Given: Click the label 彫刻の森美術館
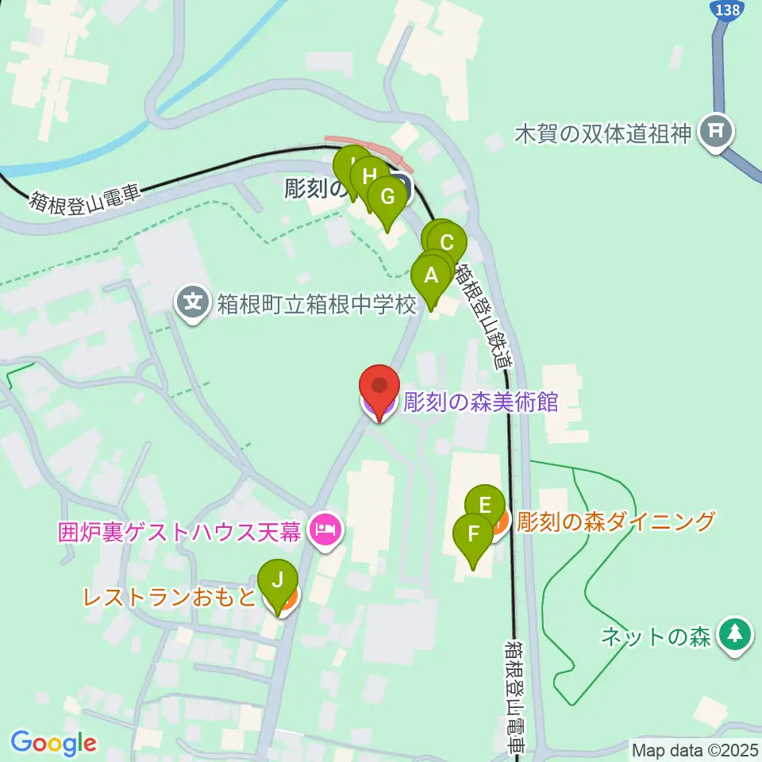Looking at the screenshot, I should pos(481,402).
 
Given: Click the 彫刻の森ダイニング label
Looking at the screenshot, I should pos(617,521).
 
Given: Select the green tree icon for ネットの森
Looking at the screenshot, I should pos(735,635).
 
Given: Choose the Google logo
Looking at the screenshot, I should pos(53,744).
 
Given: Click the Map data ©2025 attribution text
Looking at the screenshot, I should pos(695,749).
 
